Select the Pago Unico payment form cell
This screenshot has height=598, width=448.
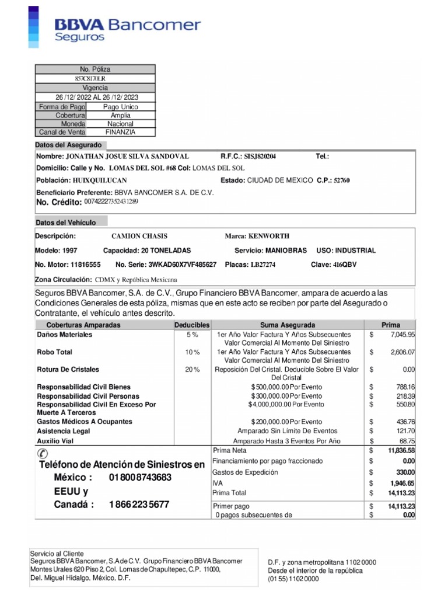click(x=121, y=107)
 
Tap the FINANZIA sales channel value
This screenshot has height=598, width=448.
click(x=121, y=132)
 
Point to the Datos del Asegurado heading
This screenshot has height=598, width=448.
click(x=69, y=145)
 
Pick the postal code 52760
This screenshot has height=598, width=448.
click(x=341, y=180)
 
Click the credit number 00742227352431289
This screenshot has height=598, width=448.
click(x=111, y=201)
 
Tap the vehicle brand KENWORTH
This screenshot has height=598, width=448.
click(x=269, y=236)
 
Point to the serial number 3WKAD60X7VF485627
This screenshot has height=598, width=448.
click(x=182, y=265)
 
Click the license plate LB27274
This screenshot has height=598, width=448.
click(x=263, y=265)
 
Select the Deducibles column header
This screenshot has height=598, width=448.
click(x=192, y=325)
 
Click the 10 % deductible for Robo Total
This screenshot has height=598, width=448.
click(x=192, y=352)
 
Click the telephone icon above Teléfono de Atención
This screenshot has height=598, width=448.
click(x=43, y=453)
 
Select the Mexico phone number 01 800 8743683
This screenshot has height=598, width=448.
click(x=140, y=478)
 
